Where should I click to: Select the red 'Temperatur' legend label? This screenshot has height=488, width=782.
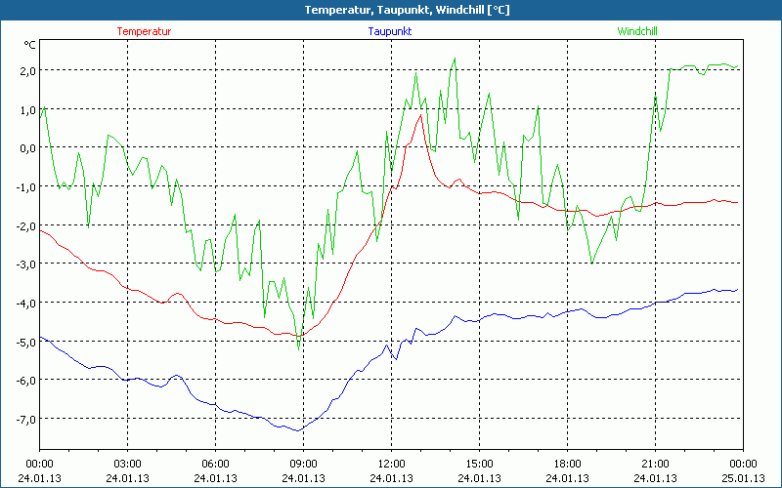[x=144, y=31]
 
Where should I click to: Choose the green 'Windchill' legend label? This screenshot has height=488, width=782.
[x=637, y=31]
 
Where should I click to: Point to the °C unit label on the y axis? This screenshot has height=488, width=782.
[x=30, y=45]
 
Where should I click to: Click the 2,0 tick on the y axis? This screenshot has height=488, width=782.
[x=25, y=70]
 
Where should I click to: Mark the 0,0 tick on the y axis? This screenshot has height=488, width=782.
[x=25, y=147]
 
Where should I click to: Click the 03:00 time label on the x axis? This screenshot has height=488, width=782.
[x=128, y=464]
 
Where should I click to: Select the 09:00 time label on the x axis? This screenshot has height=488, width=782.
[x=303, y=464]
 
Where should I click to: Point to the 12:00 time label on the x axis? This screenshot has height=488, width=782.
[x=391, y=464]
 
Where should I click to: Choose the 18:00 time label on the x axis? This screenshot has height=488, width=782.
[x=567, y=464]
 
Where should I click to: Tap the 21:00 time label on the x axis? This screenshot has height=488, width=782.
[x=655, y=464]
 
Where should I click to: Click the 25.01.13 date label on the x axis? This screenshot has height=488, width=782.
[x=743, y=478]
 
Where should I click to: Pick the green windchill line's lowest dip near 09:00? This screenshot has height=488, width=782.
[x=299, y=347]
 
